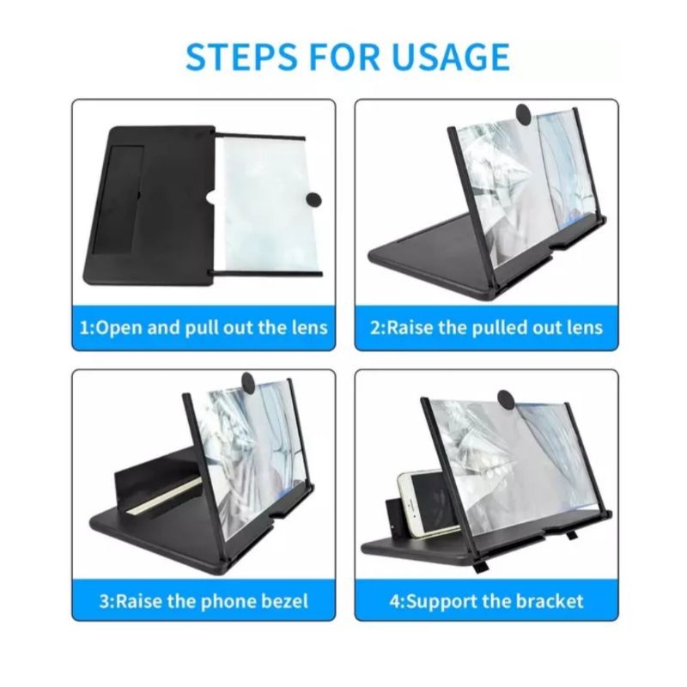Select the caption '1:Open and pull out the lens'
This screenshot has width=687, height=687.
[204, 328]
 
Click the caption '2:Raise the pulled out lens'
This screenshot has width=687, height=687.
[486, 328]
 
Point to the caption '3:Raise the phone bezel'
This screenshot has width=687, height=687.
[204, 600]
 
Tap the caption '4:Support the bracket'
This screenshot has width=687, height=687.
[486, 600]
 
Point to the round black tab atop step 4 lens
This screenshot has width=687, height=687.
[507, 398]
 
